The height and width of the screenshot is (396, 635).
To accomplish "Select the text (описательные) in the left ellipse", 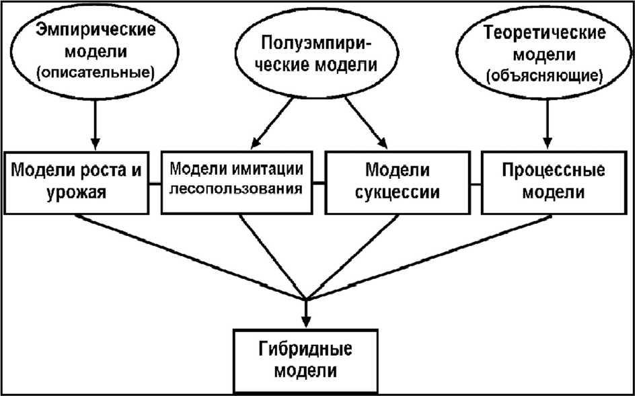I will pyautogui.click(x=98, y=71).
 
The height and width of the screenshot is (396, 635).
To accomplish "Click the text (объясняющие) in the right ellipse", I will pyautogui.click(x=543, y=75).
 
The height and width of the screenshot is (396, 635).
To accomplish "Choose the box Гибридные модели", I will pyautogui.click(x=307, y=360).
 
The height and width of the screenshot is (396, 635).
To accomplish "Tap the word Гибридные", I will pyautogui.click(x=307, y=350).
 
